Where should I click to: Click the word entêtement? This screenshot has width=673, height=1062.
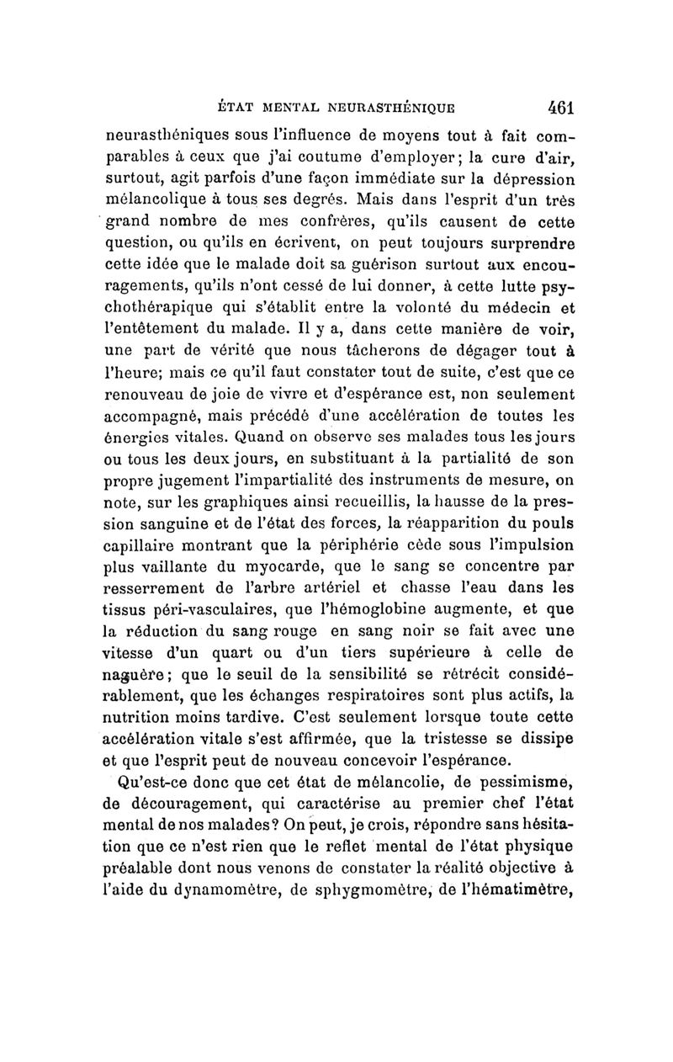157,333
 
